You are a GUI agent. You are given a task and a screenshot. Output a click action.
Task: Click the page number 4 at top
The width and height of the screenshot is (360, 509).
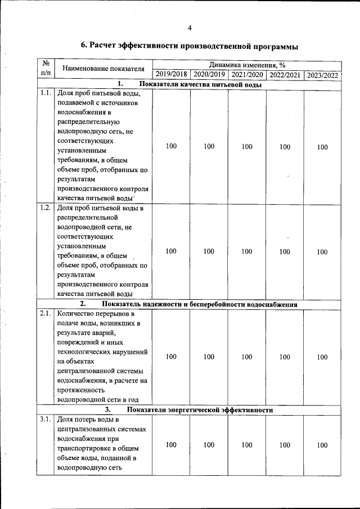coord(190,28)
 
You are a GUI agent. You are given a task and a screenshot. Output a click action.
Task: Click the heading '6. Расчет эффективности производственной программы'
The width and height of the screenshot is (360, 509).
coord(190,46)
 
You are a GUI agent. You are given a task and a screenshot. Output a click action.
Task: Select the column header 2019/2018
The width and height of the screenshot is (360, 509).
coord(171,75)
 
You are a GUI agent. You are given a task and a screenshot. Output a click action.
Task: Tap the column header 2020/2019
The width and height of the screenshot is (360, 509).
coord(209,75)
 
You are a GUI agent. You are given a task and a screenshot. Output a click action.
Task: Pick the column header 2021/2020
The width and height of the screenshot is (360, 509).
coord(247,75)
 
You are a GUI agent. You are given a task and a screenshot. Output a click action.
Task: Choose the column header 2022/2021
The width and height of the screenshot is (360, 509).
coord(285,75)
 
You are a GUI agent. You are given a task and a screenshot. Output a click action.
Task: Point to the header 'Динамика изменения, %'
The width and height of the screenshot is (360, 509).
coord(246,65)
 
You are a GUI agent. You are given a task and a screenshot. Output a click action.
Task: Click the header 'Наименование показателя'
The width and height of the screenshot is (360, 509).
coord(103,69)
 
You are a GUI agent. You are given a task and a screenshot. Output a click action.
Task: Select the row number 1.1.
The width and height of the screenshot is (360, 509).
coord(46,93)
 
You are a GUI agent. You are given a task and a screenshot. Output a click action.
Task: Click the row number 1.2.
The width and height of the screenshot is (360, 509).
coord(46,208)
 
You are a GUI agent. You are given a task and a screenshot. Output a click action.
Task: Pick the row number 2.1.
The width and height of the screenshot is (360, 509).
coord(46,313)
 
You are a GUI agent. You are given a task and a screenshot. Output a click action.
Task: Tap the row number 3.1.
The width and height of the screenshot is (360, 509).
coord(46,420)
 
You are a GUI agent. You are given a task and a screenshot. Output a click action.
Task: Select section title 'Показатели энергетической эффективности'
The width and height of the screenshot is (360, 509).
coord(200,410)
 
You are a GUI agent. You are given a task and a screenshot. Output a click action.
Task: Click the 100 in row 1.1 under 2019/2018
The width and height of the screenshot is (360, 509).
coord(171,146)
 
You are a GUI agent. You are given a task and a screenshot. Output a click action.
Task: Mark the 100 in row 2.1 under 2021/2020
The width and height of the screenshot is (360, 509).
coord(247,357)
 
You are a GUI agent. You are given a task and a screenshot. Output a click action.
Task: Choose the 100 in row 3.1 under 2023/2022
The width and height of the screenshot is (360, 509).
coord(322,445)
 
